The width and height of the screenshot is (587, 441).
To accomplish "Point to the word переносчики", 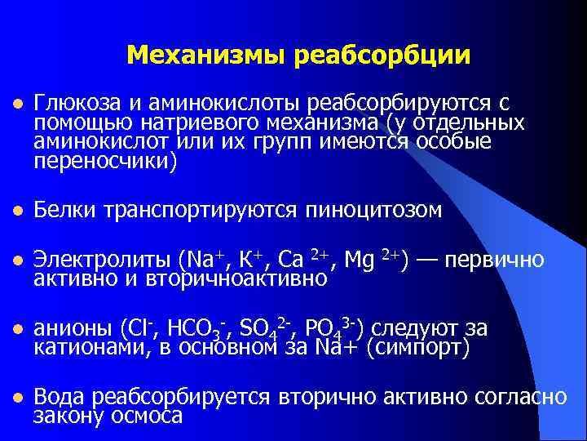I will (x=105, y=161).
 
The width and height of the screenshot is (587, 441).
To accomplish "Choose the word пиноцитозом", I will (x=373, y=211).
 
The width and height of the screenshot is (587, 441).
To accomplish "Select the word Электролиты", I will (x=101, y=261).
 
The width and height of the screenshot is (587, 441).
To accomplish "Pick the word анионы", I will (x=70, y=329).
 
